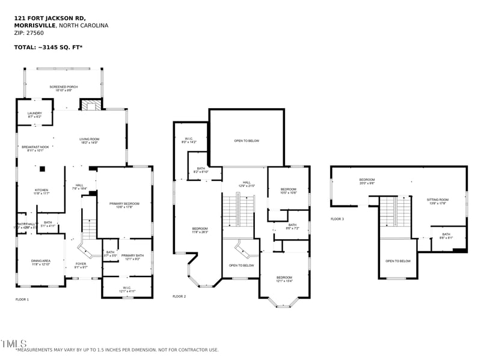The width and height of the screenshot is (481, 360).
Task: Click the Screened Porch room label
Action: tap(64, 88)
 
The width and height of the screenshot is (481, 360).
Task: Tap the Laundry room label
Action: tap(34, 114)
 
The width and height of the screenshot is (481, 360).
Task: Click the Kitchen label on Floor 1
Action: tap(41, 192)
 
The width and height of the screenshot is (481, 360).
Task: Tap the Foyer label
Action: tap(81, 265)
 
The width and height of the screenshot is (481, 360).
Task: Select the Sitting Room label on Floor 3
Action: tap(438, 201)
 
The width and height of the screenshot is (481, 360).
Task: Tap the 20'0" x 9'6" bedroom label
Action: tap(367, 181)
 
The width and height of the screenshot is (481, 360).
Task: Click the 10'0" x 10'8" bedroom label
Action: tap(289, 192)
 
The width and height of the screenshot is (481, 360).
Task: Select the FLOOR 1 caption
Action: tap(22, 299)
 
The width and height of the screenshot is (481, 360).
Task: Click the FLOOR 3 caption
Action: tap(337, 219)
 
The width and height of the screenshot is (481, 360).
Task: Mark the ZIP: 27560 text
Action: tap(29, 33)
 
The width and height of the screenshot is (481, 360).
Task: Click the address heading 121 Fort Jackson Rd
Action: tap(48, 18)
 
